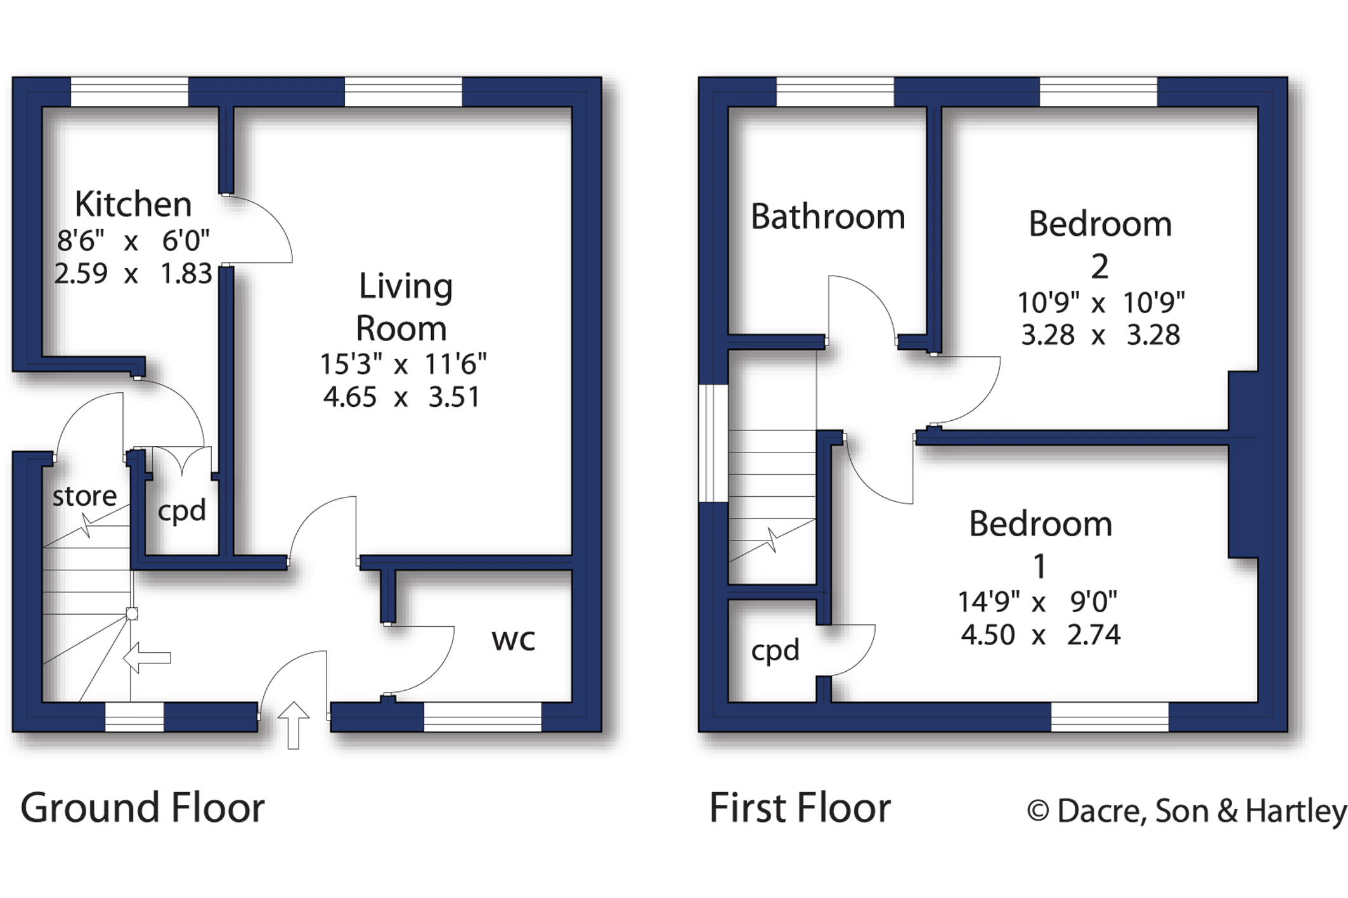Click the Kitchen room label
pos(133,205)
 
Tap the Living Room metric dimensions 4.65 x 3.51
pos(401,397)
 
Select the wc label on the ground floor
pos(513,639)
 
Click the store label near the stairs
pos(84,496)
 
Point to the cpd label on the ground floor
pos(182,511)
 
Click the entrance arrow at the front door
pos(294,725)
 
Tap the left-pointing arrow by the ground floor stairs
pos(147,657)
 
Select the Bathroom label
pos(827,217)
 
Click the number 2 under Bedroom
pos(1099,266)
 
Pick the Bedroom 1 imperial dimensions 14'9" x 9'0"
pos(1037,601)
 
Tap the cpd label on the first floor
pos(775,651)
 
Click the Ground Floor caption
pos(143,808)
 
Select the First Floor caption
pos(800,808)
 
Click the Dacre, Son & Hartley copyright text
pos(1186,811)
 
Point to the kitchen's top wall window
pos(129,92)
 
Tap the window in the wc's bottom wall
pos(483,717)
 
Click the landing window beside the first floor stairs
pos(713,443)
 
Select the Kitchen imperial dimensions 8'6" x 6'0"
pos(133,241)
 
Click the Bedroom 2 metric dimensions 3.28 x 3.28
pos(1100,335)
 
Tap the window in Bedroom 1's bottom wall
pos(1110,717)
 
